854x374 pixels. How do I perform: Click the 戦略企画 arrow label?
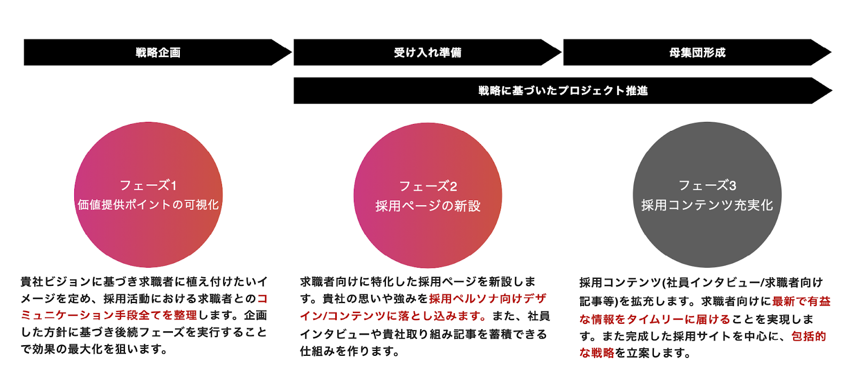pos(158,52)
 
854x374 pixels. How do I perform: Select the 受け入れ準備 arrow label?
pos(428,52)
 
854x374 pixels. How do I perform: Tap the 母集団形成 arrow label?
pos(697,52)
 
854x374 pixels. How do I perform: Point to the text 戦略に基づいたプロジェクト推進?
pos(563,90)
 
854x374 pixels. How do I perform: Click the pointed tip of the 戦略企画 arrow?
pos(291,52)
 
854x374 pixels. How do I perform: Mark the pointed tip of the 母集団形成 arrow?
pos(832,52)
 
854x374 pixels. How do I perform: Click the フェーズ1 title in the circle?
pos(148,185)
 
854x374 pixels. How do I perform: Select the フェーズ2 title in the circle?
pos(428,186)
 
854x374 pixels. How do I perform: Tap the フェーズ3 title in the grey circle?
pos(707,185)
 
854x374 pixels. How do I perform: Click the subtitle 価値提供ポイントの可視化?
pos(148,205)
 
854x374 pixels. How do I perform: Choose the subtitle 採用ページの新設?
pos(428,206)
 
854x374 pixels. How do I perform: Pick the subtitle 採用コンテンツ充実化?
pos(707,205)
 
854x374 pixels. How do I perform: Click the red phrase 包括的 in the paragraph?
pos(809,336)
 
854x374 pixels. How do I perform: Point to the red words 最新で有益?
pos(801,301)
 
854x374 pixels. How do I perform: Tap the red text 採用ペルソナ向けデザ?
pos(488,299)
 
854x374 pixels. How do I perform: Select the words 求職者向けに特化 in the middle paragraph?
pos(347,282)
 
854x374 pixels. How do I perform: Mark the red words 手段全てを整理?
pos(156,315)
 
